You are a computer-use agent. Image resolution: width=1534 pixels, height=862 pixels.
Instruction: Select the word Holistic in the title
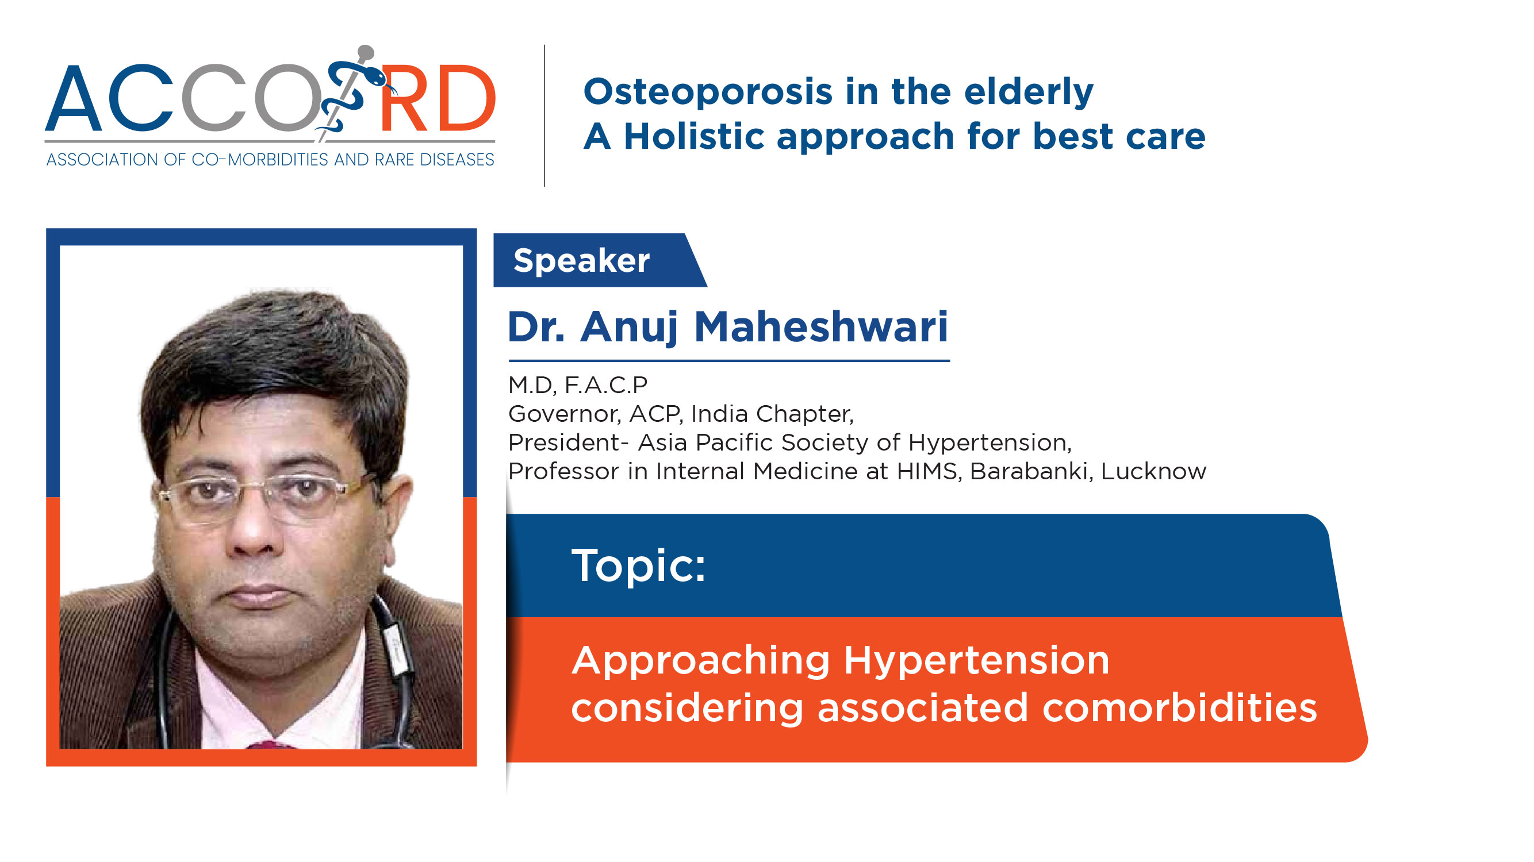coord(694,136)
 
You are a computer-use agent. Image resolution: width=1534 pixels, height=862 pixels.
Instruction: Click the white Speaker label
coord(581,261)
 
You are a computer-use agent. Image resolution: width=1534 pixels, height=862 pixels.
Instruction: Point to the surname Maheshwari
coord(820,327)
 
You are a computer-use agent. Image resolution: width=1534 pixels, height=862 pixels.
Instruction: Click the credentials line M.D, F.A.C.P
coord(578,385)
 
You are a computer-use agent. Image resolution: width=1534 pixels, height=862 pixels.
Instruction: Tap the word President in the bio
coord(564,442)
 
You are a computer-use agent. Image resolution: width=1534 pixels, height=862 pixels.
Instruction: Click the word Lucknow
coord(1153,471)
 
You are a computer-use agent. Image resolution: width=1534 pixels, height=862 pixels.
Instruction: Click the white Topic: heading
coord(638,565)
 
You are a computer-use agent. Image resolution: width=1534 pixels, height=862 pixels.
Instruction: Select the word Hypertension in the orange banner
coord(976,661)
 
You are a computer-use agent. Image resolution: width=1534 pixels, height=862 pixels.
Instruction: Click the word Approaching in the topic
coord(701,661)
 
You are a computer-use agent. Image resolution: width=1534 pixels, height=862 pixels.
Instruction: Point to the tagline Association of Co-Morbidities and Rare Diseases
coord(270,160)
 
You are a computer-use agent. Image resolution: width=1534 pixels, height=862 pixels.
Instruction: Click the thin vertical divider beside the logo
coord(544,116)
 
